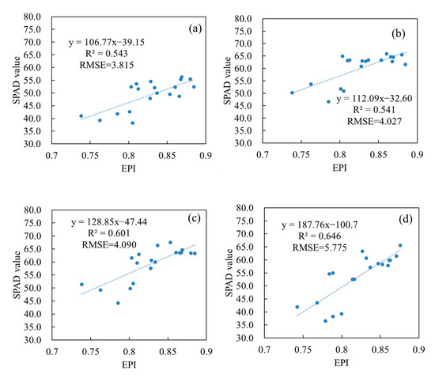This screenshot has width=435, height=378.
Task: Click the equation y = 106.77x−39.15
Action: pos(116,41)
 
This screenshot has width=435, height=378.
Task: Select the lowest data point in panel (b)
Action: pos(328,101)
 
